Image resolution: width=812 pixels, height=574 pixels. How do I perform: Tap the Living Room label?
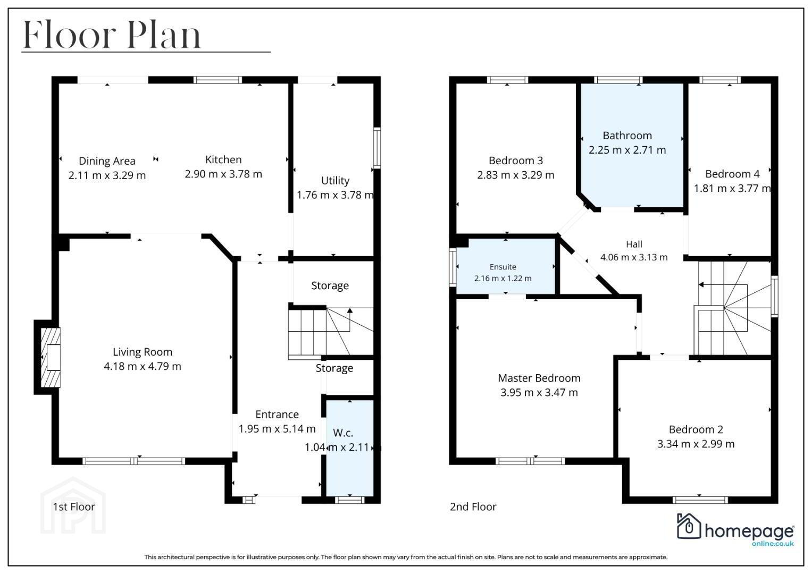tap(143, 352)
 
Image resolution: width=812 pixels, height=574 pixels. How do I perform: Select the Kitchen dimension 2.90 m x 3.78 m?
tap(223, 174)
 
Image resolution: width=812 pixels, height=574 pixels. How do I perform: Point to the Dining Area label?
tap(107, 161)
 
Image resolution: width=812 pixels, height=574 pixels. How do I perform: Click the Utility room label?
tap(336, 181)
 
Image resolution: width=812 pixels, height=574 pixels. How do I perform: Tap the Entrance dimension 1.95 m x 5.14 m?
tap(277, 429)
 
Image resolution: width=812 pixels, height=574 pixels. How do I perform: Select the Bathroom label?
tap(627, 136)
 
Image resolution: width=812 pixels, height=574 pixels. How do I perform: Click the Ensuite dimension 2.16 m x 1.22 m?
tap(503, 278)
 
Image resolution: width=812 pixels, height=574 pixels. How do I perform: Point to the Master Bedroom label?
tap(539, 378)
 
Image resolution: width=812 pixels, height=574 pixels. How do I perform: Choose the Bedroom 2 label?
tap(696, 429)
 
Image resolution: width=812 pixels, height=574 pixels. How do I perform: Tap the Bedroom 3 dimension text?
tap(515, 175)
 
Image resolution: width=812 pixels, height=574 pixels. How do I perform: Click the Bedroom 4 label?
tap(732, 174)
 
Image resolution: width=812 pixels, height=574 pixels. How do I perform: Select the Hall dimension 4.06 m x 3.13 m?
tap(634, 257)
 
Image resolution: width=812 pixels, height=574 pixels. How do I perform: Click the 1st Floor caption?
tap(74, 507)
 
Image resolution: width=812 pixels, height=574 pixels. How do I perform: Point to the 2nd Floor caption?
tap(473, 507)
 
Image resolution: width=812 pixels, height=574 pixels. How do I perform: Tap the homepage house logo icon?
tap(689, 526)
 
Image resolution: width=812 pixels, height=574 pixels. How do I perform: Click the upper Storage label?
tap(330, 286)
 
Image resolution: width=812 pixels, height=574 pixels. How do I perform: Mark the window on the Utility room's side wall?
tap(377, 148)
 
